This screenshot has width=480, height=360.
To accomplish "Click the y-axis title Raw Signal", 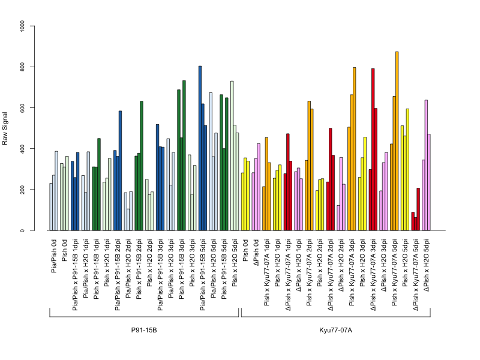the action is [x=5, y=128].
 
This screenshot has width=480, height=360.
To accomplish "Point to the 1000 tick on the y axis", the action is [x=32, y=26].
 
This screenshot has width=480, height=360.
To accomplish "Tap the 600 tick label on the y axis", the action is [x=22, y=108].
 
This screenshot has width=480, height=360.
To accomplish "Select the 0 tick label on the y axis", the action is [x=22, y=230].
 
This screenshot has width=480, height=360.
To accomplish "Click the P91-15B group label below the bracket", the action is [x=144, y=331].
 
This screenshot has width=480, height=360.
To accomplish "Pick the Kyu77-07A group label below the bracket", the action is [x=335, y=331].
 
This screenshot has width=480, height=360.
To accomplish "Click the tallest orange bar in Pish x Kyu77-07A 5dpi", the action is [x=397, y=141].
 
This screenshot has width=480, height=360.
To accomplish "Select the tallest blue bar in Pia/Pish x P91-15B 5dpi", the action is [x=200, y=148].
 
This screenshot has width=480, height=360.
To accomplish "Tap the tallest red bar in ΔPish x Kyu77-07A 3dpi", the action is [x=373, y=149].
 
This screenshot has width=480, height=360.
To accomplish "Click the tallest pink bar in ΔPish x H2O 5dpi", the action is [x=426, y=166].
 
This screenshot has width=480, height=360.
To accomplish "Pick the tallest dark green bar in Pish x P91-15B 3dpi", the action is [x=184, y=155].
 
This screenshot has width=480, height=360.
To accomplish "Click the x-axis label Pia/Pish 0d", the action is [x=54, y=256].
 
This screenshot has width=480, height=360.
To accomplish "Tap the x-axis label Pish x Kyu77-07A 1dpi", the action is [x=266, y=272].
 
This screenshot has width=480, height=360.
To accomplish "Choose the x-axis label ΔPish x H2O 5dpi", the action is [x=426, y=265].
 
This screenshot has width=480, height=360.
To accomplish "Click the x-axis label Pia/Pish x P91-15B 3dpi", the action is [x=160, y=275].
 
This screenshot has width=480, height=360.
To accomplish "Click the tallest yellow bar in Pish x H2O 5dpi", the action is [x=407, y=170].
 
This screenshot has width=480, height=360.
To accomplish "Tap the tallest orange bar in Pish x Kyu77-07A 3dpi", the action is [x=355, y=149].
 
